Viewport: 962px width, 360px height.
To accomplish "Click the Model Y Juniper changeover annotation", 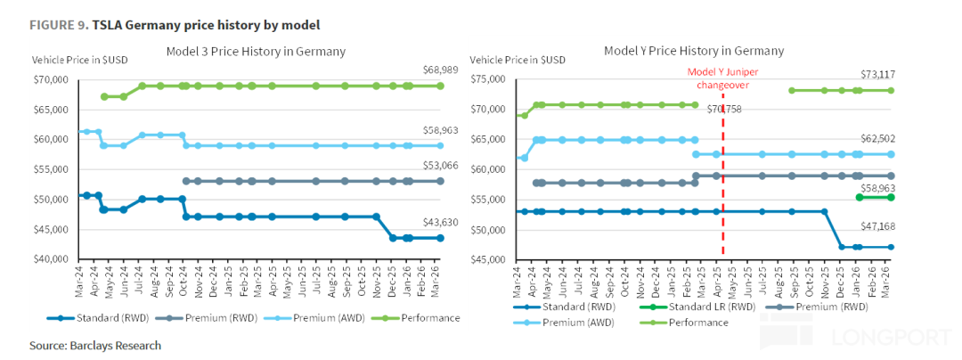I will click(718, 78).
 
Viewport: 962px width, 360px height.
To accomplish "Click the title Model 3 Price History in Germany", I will click(256, 52).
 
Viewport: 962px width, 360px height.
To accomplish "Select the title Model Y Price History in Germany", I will click(694, 51).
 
